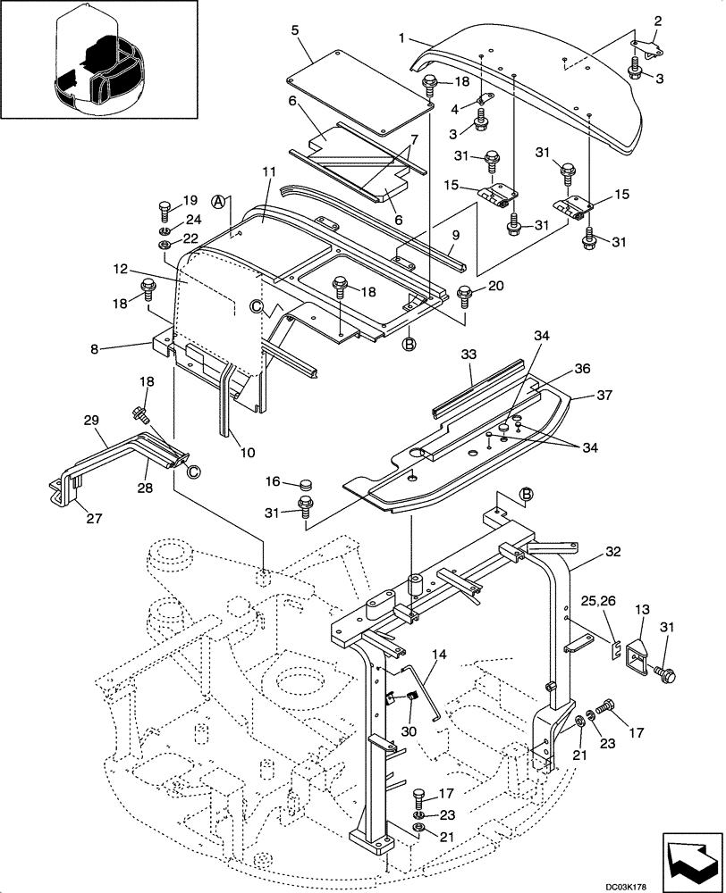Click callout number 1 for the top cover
click(403, 39)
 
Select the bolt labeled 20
click(465, 292)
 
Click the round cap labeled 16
click(307, 485)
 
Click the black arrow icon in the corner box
click(690, 854)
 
